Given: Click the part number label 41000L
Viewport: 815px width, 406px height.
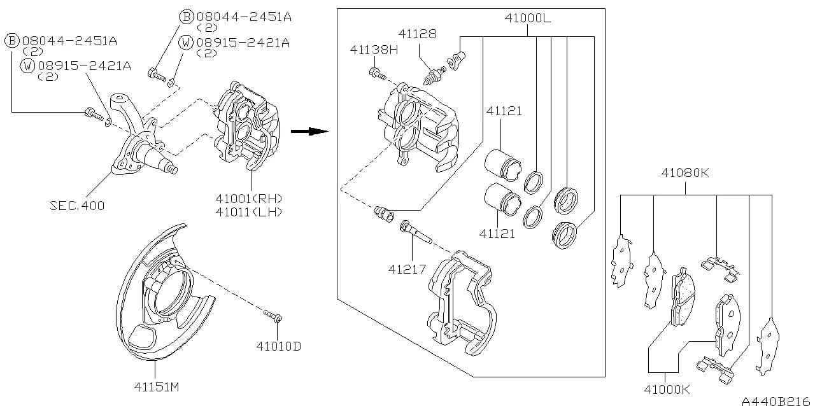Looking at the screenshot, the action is pos(527,18).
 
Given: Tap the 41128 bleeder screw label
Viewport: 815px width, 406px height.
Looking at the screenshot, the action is pos(417,34).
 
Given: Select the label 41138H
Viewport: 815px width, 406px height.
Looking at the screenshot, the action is pos(374,50).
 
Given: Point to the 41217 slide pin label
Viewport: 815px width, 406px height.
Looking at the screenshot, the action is pos(407,269).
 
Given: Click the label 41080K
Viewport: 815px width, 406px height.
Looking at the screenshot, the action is pos(684,172).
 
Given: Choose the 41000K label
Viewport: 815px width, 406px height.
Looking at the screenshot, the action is pos(667,389).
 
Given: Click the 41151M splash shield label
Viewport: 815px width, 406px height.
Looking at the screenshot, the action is pos(157,387).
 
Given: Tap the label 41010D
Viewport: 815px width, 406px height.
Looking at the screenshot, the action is pos(279,346).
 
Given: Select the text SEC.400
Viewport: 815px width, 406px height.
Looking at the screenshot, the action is pos(77,206).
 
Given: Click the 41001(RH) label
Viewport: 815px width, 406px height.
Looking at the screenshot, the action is pos(249,199).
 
